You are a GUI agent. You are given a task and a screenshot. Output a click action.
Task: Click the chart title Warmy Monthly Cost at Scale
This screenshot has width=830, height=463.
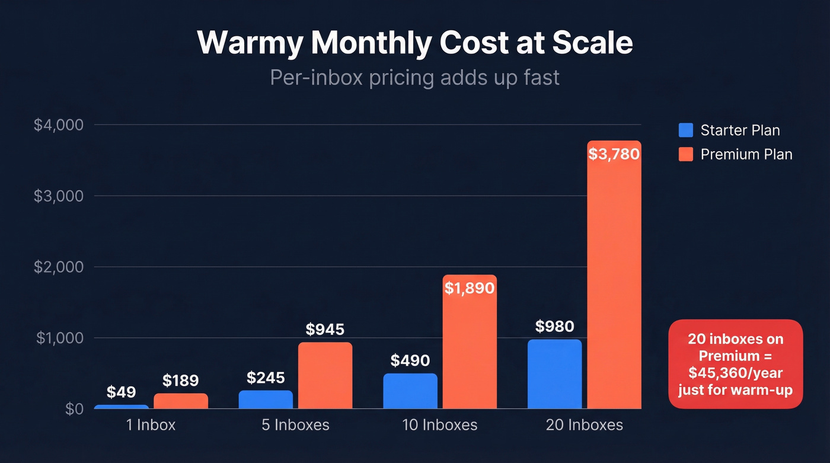(414, 43)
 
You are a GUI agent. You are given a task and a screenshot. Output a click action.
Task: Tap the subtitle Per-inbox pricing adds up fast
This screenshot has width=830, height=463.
(414, 78)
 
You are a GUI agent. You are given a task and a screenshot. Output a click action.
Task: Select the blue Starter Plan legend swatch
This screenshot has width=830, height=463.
(685, 130)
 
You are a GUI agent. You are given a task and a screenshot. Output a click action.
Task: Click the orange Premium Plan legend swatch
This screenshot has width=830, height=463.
(685, 154)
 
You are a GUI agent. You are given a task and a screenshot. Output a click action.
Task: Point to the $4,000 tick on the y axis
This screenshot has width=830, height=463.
(58, 125)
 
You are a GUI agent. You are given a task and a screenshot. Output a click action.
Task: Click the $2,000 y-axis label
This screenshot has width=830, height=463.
(58, 267)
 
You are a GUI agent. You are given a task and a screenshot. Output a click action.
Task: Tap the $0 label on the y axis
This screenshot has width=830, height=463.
(74, 409)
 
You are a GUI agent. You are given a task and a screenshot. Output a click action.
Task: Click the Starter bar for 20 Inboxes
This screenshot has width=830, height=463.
(554, 375)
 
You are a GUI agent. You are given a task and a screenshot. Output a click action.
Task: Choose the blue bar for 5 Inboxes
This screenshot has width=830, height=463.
(266, 400)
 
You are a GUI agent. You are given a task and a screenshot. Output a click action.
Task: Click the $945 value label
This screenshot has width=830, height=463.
(325, 329)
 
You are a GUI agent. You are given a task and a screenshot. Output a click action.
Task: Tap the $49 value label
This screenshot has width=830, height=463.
(122, 392)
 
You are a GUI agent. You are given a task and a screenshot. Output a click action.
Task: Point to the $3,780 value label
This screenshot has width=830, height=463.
(614, 155)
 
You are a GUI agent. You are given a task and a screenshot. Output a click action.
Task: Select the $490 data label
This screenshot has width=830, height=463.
(410, 360)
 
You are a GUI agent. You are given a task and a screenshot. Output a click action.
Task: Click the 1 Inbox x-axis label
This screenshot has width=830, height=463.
(152, 425)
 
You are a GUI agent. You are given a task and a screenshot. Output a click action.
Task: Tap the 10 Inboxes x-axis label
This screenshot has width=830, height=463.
(439, 425)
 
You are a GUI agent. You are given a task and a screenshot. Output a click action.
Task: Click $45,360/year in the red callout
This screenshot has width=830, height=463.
(735, 373)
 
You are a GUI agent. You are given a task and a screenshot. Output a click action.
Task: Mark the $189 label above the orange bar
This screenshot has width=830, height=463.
(181, 381)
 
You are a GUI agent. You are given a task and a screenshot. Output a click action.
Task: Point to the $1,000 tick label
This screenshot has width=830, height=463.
(58, 338)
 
